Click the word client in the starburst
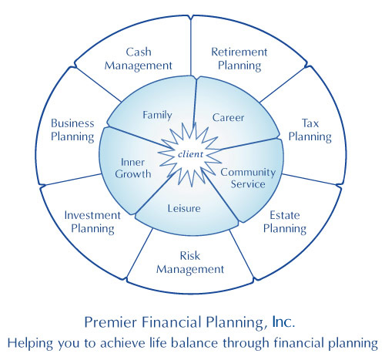pos(190,154)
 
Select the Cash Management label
pos(138,59)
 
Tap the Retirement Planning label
pos(239,59)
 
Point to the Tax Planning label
pos(310,130)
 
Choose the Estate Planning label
pos(285,222)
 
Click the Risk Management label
pos(190,263)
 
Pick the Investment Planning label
pos(92,222)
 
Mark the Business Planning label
pos(72,130)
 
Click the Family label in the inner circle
pos(157,115)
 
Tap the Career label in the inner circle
pos(228,118)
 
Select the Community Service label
pos(248,178)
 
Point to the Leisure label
pos(184,208)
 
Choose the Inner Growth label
pos(133,168)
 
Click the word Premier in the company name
pos(111,322)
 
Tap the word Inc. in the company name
pos(283,322)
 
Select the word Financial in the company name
pos(172,322)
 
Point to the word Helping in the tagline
pos(30,344)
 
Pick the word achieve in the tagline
pos(123,343)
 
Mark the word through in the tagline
pos(246,344)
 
